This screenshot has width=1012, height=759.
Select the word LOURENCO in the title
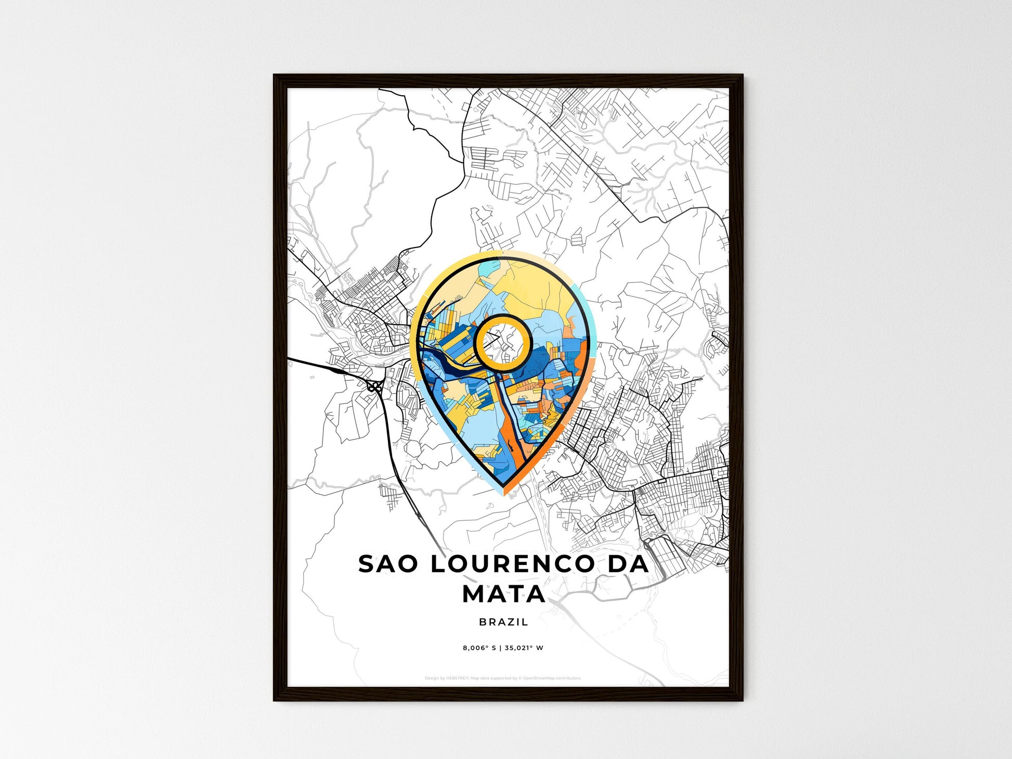coord(512,564)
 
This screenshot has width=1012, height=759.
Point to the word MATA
coord(504,594)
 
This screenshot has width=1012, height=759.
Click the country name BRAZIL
coord(503,622)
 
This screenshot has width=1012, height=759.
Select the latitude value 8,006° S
coord(480,648)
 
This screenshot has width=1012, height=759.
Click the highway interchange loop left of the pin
coord(374,387)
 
